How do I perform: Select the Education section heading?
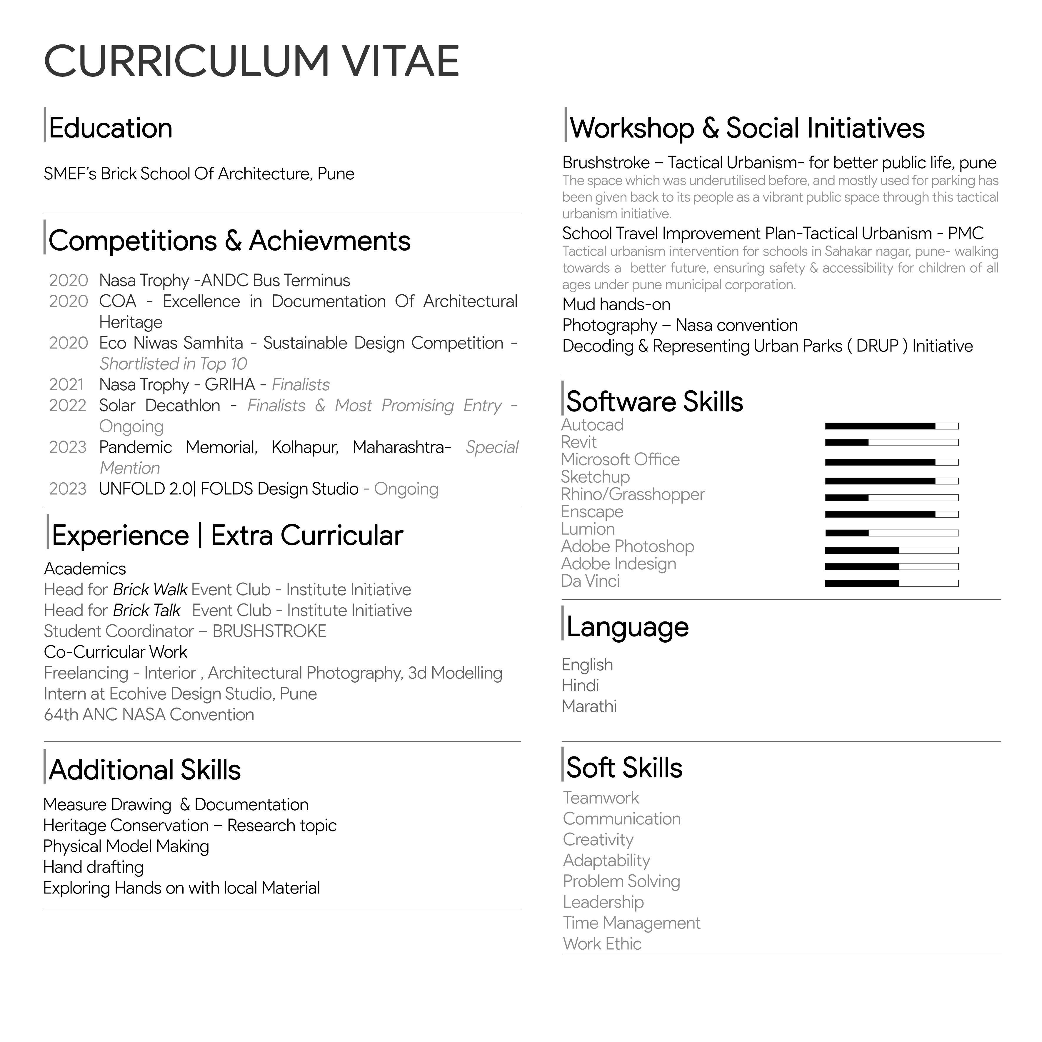(x=111, y=128)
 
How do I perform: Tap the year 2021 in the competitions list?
(x=66, y=385)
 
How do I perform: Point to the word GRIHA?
(x=230, y=385)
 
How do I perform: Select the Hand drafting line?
(x=93, y=867)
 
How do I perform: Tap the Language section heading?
(x=627, y=627)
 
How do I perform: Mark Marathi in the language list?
(x=589, y=706)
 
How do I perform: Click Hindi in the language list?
(x=580, y=686)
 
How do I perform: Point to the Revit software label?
(x=579, y=442)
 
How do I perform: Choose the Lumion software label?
(x=588, y=529)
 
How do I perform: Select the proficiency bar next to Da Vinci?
(x=891, y=583)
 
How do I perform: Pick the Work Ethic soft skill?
(x=602, y=944)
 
